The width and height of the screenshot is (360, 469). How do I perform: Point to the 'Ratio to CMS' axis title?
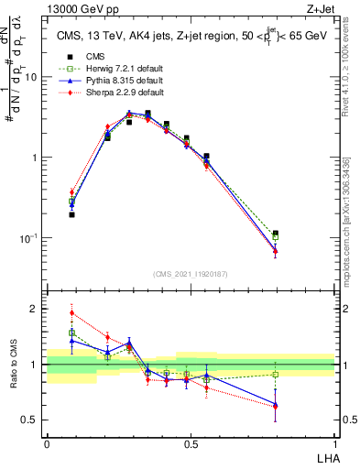pyautogui.click(x=14, y=365)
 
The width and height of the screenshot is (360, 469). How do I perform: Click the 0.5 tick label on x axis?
pyautogui.click(x=191, y=442)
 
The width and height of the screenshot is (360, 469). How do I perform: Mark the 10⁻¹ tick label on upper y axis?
pyautogui.click(x=29, y=238)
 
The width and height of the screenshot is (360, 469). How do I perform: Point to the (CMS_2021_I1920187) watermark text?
pyautogui.click(x=191, y=273)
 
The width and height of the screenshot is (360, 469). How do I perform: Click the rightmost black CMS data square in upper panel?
pyautogui.click(x=276, y=234)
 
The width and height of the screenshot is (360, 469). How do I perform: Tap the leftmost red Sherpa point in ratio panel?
pyautogui.click(x=72, y=312)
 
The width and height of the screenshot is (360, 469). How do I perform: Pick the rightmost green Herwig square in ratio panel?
pyautogui.click(x=276, y=374)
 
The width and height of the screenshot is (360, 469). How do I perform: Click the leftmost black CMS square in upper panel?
pyautogui.click(x=72, y=214)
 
